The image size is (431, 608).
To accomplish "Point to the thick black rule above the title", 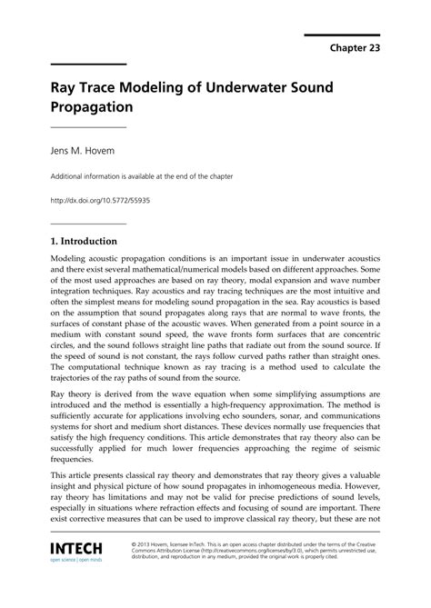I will [x=87, y=64].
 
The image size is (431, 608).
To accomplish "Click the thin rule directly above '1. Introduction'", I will [x=87, y=224].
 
